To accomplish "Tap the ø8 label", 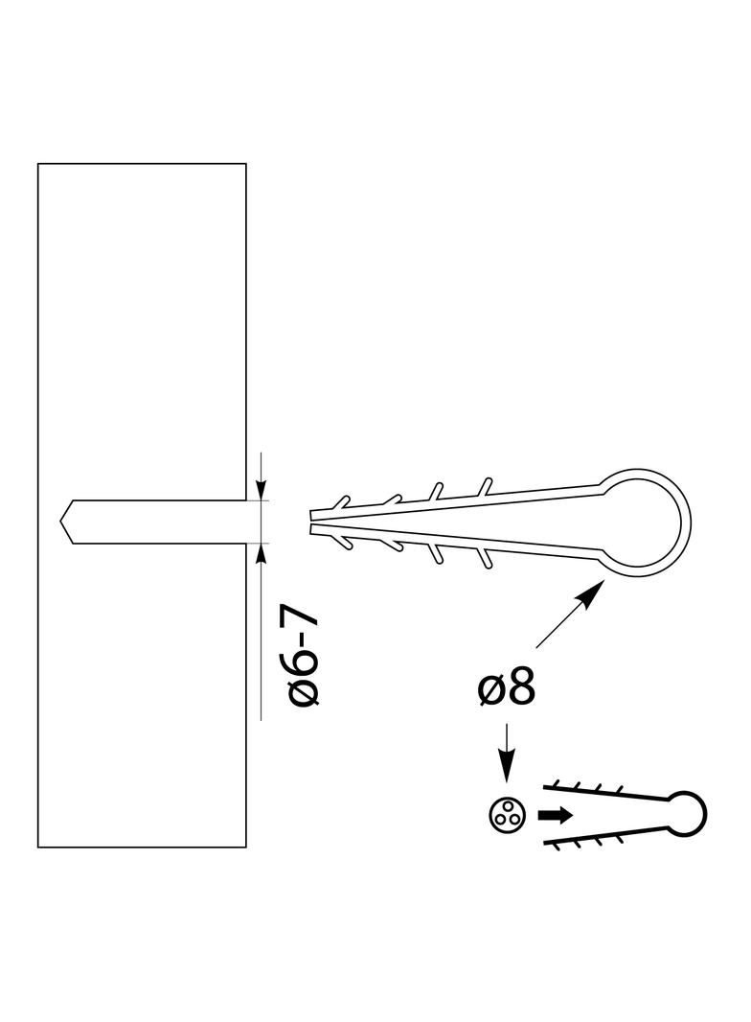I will coord(505,687).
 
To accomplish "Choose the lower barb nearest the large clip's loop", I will coord(486,560).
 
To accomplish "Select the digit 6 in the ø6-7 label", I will coord(307,662).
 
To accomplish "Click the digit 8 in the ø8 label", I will coord(518,687).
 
